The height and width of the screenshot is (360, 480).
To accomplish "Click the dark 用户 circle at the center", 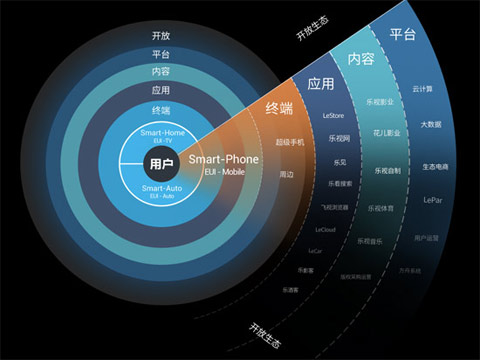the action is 161,164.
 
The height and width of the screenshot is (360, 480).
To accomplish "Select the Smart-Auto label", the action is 161,188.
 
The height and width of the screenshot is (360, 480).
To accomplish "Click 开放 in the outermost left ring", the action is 161,37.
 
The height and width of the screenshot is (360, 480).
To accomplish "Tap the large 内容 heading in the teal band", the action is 360,59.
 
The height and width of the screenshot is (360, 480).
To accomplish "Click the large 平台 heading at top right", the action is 402,35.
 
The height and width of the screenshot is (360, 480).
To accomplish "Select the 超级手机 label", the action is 289,142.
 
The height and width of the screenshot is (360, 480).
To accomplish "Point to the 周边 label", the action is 287,174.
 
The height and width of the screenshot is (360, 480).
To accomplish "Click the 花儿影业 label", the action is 386,133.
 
